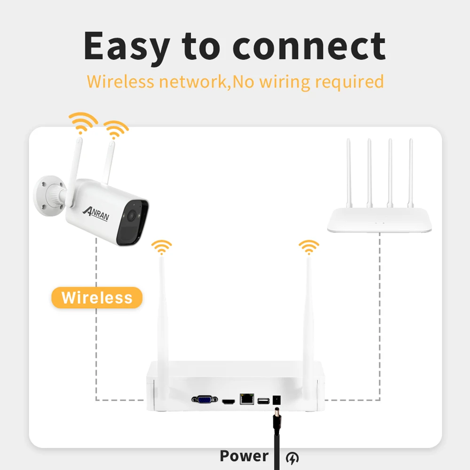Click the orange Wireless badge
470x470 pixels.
(x=97, y=298)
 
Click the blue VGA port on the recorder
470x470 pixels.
(x=204, y=400)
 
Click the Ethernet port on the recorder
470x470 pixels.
(x=246, y=399)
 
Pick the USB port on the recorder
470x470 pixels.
(x=262, y=401)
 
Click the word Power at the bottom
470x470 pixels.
(x=244, y=455)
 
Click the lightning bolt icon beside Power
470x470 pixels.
(x=292, y=456)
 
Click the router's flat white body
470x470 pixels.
(x=379, y=220)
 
